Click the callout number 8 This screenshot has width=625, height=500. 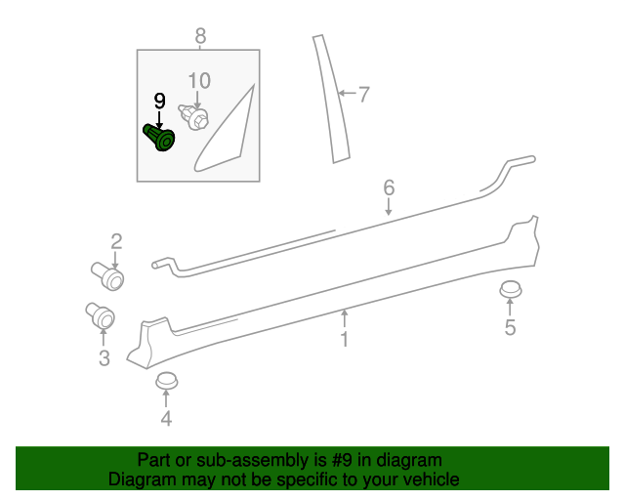(200, 36)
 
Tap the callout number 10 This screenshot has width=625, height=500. (198, 80)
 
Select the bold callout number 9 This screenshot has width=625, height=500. (159, 100)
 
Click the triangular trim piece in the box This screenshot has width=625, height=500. (227, 132)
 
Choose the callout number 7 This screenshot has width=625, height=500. (363, 95)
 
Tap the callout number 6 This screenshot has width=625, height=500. (388, 187)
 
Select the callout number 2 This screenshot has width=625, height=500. (116, 240)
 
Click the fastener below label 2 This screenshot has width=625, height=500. (108, 275)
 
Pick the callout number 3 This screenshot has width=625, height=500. (104, 358)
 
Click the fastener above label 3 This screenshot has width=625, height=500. (101, 316)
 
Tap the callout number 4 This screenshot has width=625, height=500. (166, 419)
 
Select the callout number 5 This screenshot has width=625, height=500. (510, 328)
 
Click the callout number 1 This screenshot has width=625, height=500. (344, 339)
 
